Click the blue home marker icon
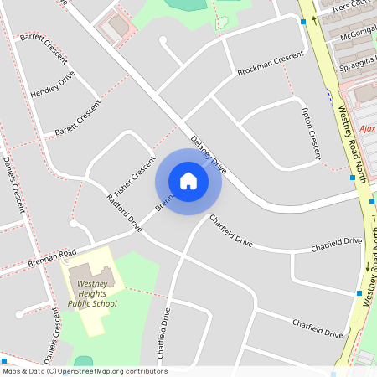(x=188, y=181)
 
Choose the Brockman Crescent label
(x=270, y=64)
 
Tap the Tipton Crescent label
(x=311, y=132)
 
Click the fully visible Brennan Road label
(x=49, y=252)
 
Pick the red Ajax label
(x=368, y=129)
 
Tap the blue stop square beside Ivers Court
(x=303, y=22)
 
